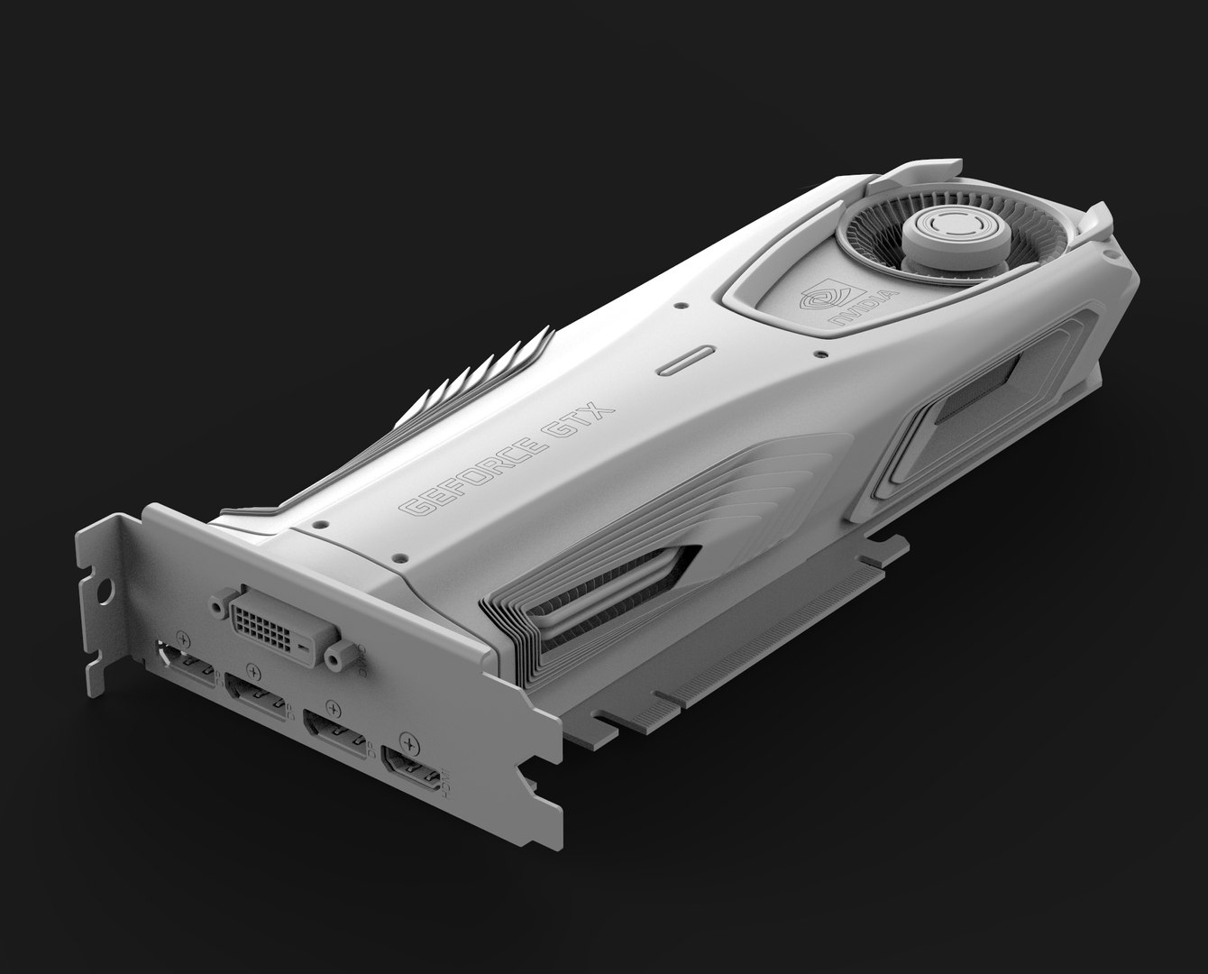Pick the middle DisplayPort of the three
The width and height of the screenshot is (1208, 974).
click(x=256, y=694)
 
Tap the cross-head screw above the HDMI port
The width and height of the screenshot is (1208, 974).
click(x=413, y=744)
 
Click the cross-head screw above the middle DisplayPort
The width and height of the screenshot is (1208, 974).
click(x=252, y=672)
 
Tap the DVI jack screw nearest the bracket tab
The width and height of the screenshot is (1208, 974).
click(x=217, y=605)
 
